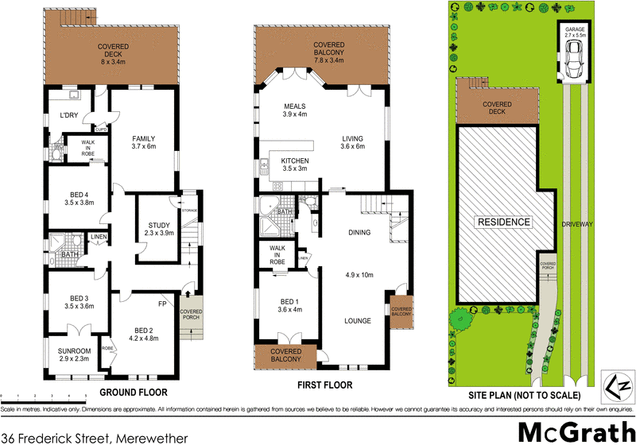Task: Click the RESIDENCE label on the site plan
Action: click(x=502, y=222)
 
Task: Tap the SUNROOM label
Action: click(x=73, y=350)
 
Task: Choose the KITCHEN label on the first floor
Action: click(x=295, y=161)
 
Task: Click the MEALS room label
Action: click(x=294, y=106)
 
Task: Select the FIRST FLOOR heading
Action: click(x=324, y=385)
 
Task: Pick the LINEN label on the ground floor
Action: click(x=98, y=237)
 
